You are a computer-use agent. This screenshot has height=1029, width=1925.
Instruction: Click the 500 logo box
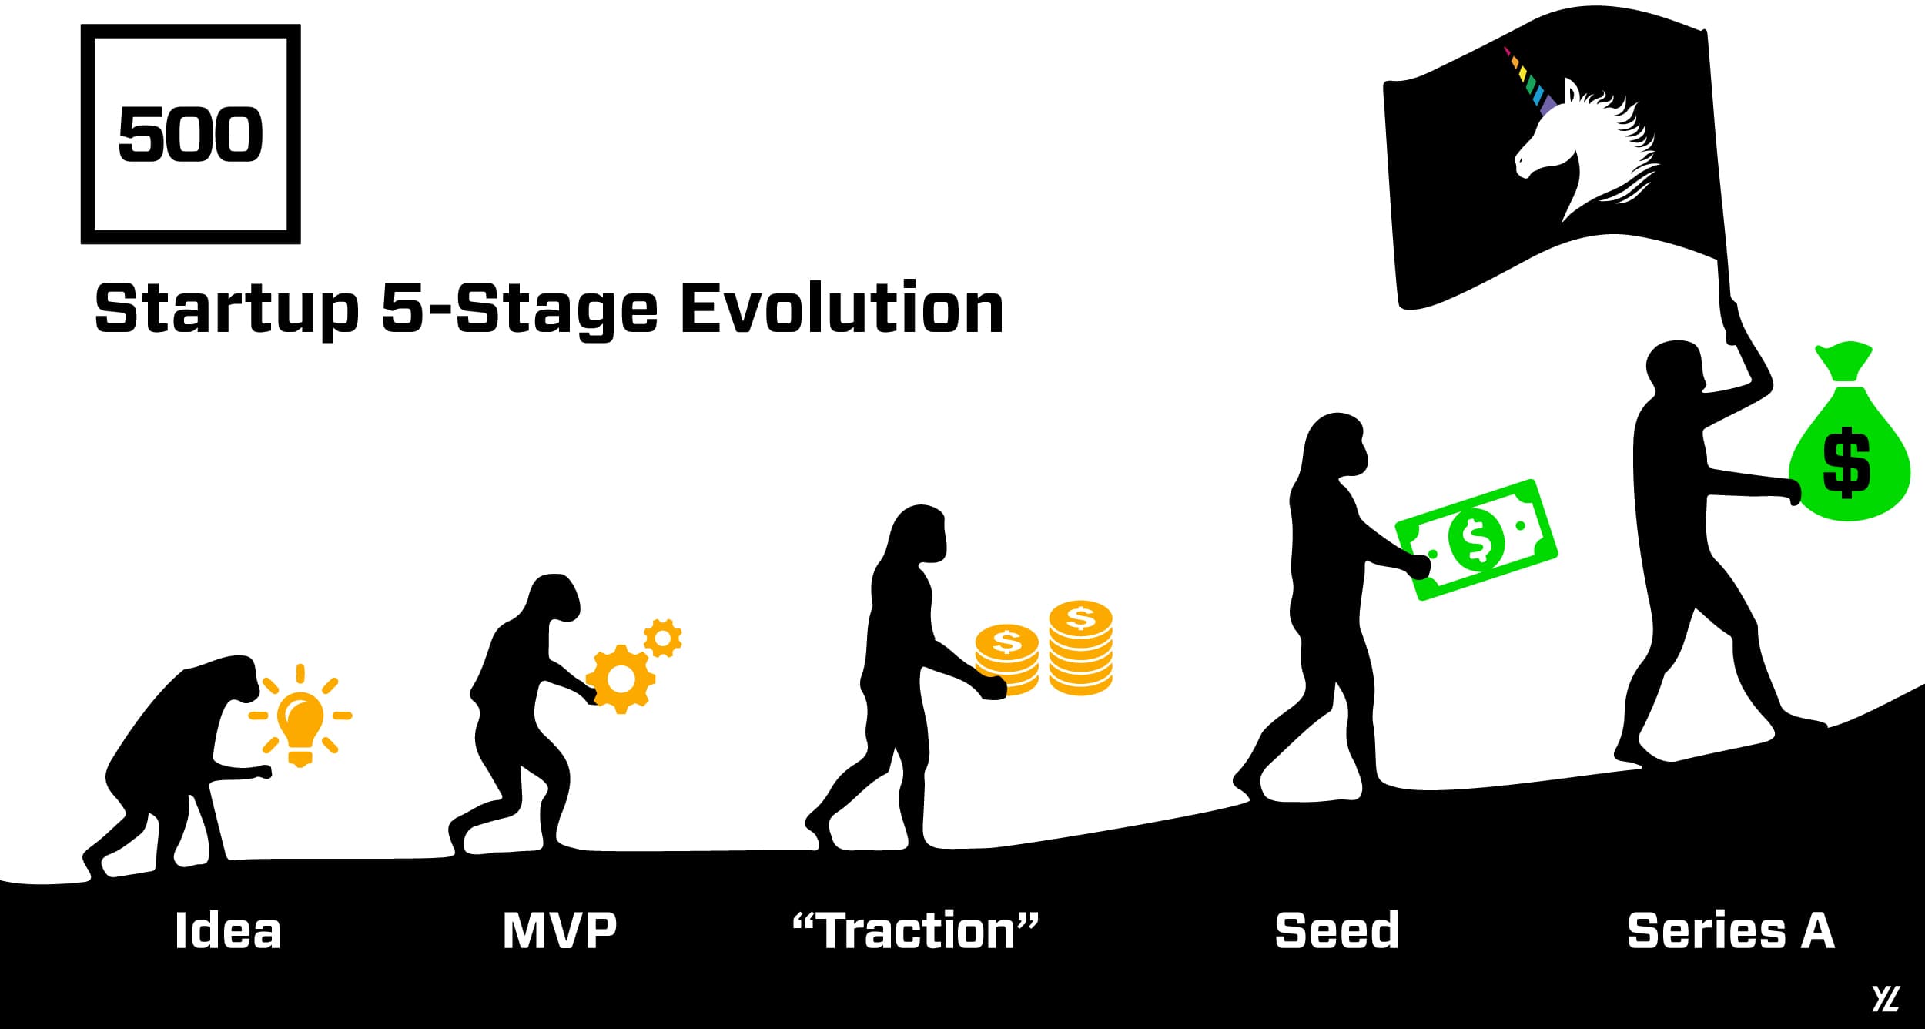(x=87, y=134)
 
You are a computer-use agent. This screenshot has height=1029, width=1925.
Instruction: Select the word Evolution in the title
(x=842, y=307)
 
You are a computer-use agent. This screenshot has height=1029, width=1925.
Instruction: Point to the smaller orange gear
(x=663, y=638)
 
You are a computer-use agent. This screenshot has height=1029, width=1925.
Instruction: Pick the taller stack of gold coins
(x=1080, y=648)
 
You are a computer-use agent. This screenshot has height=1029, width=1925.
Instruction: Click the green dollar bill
(x=1477, y=539)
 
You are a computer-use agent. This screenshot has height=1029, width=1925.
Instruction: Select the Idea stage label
(x=228, y=930)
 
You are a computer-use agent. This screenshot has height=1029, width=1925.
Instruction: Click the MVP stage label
(x=560, y=930)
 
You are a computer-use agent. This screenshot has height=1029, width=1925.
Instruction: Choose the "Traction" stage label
(x=916, y=930)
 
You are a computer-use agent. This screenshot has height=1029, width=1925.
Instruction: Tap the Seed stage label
(x=1337, y=930)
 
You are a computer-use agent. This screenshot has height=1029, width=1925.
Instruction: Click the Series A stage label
(x=1731, y=930)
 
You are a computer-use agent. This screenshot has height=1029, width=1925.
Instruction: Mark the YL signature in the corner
(x=1886, y=998)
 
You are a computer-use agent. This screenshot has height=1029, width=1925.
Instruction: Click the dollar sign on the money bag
(x=1846, y=462)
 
